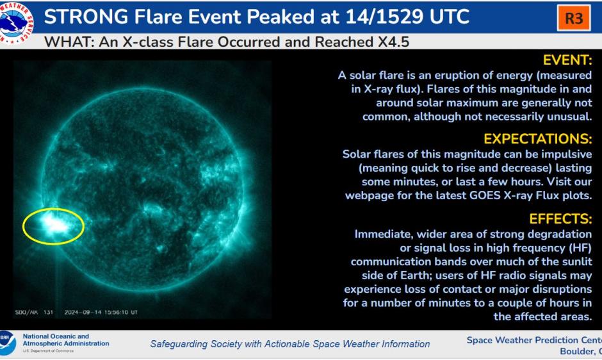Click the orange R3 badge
[x=573, y=19]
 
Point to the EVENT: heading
[x=567, y=60]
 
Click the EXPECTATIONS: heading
[x=537, y=139]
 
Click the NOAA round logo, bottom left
[x=8, y=343]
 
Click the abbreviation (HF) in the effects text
[x=579, y=248]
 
